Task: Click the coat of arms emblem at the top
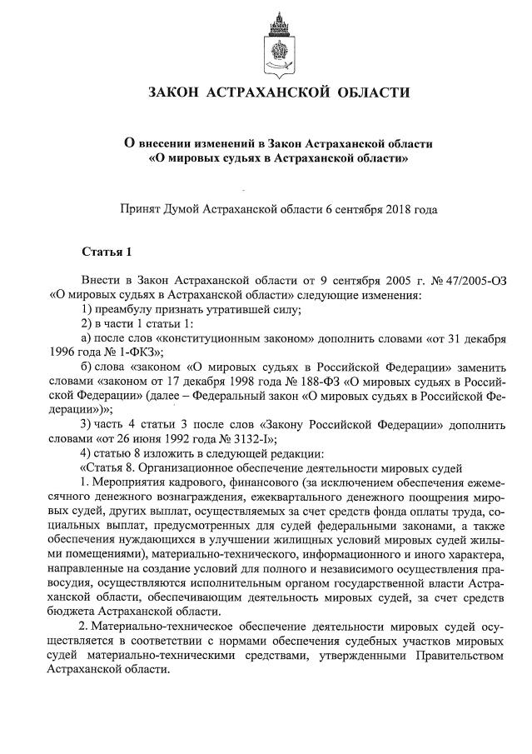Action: coord(278,42)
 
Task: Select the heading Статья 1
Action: coord(106,251)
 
